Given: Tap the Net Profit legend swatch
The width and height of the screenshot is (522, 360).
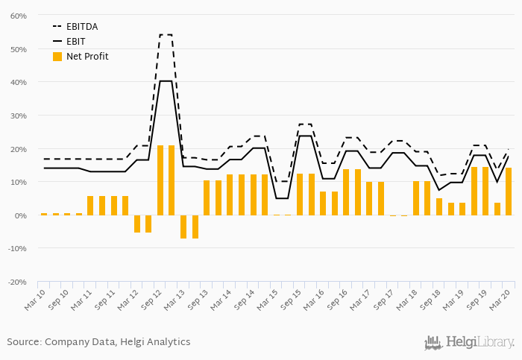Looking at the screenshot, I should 57,56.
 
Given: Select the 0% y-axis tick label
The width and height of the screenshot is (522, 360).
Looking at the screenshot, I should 21,215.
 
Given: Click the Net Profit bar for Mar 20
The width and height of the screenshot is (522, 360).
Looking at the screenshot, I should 509,192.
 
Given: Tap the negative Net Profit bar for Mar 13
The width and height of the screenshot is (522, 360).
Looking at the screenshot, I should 183,227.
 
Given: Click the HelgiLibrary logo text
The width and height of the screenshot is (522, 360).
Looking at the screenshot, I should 479,343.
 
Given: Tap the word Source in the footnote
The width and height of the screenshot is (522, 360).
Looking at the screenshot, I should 24,342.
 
